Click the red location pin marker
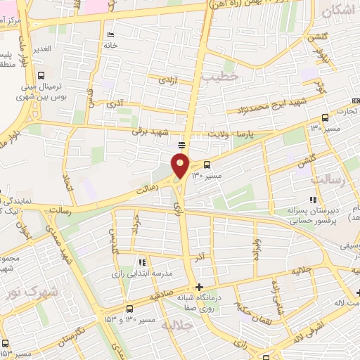coord(181,165)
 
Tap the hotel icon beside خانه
coord(109,36)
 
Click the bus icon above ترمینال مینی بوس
coord(41,75)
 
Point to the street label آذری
coord(115,104)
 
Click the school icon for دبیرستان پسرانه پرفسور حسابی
coord(313,200)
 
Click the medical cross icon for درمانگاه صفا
coord(200,287)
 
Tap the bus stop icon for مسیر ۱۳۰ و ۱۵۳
coord(129,309)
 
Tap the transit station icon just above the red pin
coord(181,145)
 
